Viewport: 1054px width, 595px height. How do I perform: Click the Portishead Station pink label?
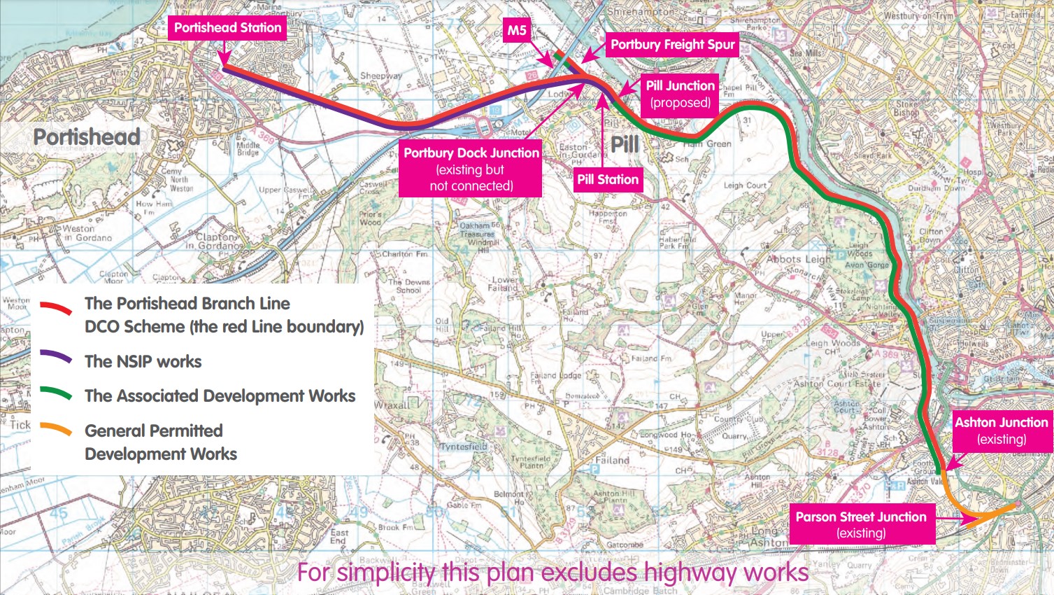[x=227, y=28]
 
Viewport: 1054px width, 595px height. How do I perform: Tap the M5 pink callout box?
[x=517, y=30]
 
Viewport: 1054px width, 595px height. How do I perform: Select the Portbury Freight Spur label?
[x=672, y=45]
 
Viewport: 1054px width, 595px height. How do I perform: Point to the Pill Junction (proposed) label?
[x=680, y=94]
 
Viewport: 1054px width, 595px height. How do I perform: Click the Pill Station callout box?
[x=607, y=179]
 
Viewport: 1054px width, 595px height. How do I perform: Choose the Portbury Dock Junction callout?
[x=471, y=169]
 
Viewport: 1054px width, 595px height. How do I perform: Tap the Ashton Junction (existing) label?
[x=1001, y=430]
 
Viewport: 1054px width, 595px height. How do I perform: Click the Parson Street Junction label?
[x=861, y=524]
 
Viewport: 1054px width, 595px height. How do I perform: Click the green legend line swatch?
[x=56, y=393]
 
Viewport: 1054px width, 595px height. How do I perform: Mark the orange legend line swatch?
[x=56, y=429]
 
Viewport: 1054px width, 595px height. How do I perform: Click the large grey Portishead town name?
[x=87, y=136]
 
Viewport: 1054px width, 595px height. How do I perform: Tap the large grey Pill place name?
[x=625, y=145]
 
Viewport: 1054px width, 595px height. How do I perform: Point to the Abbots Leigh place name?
[x=799, y=258]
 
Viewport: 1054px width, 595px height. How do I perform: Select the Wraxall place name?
[x=392, y=405]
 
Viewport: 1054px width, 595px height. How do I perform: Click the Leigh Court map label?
[x=745, y=185]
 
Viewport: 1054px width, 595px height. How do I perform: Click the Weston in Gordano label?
[x=87, y=233]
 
